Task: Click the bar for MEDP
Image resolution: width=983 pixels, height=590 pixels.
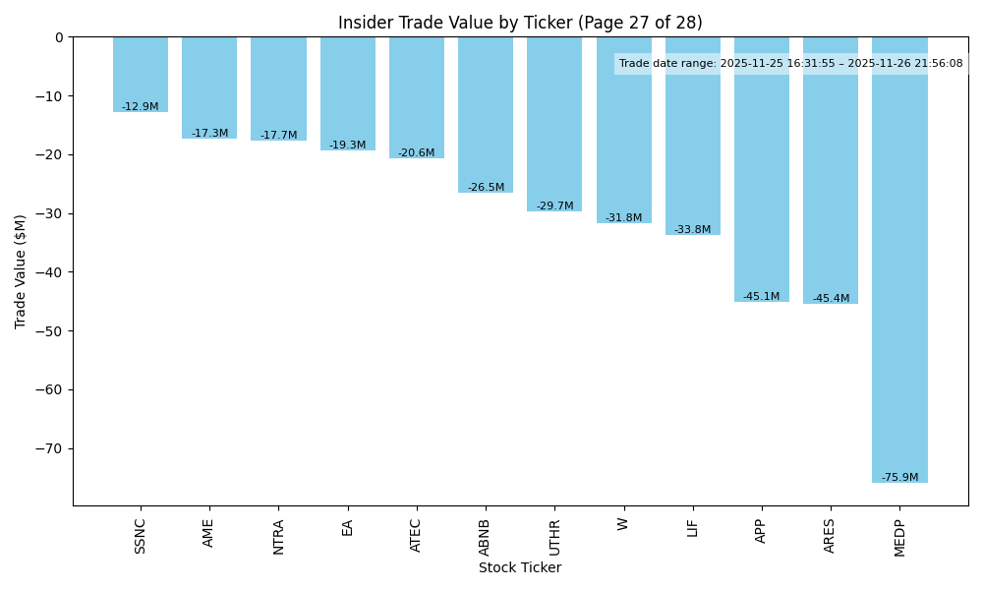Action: coord(899,260)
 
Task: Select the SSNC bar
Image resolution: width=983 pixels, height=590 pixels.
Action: coord(141,75)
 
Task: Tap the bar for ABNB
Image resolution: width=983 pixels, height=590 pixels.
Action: coord(486,115)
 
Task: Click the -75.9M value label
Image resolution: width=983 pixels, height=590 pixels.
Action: coord(899,478)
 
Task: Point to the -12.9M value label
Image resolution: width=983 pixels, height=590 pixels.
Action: coord(141,106)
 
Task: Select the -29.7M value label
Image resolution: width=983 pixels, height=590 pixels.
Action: coord(554,206)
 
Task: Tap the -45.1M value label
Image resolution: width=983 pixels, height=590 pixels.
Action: coord(762,297)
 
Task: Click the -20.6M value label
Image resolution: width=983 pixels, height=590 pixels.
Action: coord(417,153)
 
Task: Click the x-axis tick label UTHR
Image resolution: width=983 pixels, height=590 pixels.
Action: coord(554,537)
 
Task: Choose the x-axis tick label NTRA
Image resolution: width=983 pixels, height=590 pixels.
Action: coord(278,537)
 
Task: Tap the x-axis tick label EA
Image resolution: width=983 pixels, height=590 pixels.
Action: coord(347,528)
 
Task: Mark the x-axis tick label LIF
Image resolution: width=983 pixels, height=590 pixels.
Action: coord(692,527)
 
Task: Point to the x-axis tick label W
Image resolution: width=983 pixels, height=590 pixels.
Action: coord(623,524)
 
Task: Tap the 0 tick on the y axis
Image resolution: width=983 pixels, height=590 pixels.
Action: coord(58,37)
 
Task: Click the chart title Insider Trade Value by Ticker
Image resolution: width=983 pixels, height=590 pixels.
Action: coord(520,23)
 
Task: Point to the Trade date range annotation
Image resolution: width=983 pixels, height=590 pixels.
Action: coord(791,64)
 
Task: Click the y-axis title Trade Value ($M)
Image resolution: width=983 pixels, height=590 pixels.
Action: coord(21,270)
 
